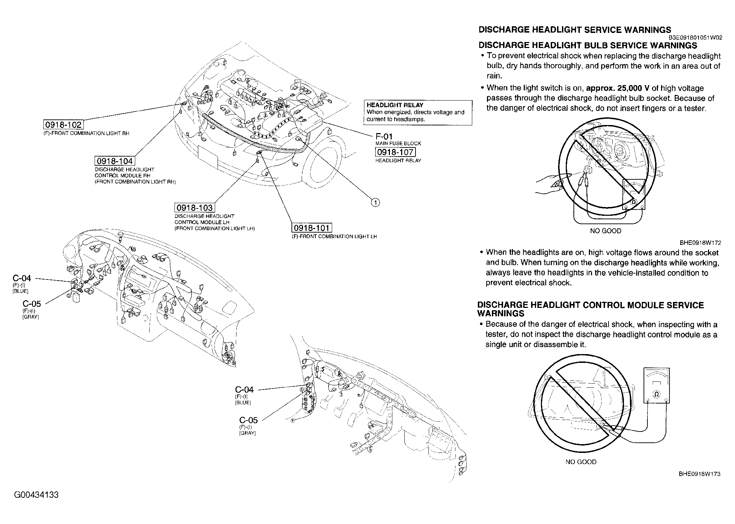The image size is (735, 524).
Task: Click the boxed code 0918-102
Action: coord(63,125)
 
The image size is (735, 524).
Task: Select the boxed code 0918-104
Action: coord(115,161)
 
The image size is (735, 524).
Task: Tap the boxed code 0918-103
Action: coord(194,208)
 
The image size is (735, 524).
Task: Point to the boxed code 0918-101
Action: coord(312,228)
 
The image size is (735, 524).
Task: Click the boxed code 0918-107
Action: coord(395,152)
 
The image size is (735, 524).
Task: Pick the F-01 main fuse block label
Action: coord(384,137)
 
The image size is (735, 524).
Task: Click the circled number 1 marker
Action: coord(375,202)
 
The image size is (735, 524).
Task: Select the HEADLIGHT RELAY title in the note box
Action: coord(395,105)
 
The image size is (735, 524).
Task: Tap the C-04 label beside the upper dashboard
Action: coord(22,278)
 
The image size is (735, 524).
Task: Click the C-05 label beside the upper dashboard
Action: coord(32,304)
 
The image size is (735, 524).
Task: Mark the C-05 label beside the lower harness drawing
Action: coord(248,420)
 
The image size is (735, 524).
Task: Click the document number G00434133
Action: coord(36,495)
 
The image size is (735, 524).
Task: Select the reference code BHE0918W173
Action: coord(699,474)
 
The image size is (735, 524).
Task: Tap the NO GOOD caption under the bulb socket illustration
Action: coord(606,231)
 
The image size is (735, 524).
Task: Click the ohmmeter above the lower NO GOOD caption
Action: coord(657,385)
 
